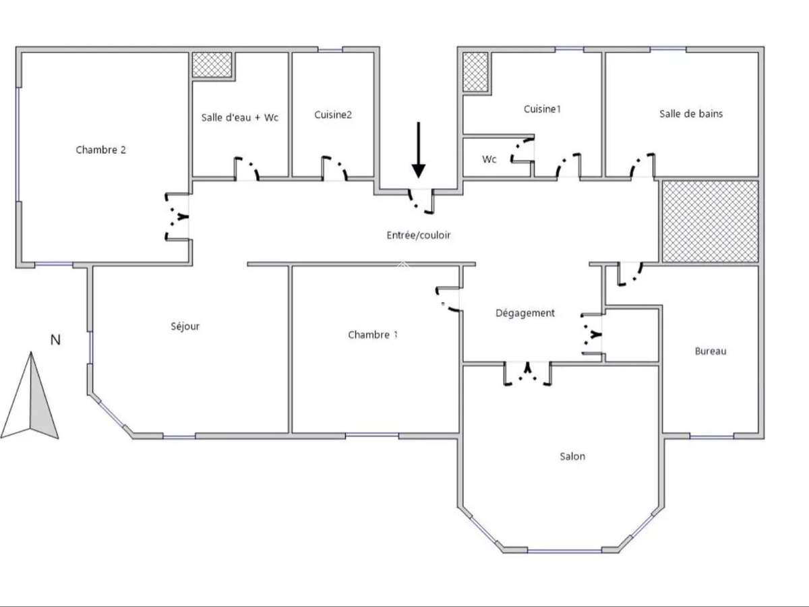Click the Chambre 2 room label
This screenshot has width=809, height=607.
tap(100, 150)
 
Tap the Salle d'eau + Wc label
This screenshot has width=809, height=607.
tap(239, 117)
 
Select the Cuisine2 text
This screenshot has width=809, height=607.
tap(332, 115)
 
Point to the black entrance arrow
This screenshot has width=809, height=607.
tap(419, 150)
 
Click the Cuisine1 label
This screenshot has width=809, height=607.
tap(542, 109)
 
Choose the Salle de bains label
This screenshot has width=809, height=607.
tap(690, 114)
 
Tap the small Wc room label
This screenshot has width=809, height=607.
tap(489, 160)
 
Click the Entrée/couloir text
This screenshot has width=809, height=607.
tap(418, 235)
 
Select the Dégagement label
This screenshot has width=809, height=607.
tap(525, 313)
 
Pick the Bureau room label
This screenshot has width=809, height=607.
tap(711, 351)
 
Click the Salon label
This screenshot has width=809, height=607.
tap(572, 457)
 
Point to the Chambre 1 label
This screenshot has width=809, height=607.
tap(372, 335)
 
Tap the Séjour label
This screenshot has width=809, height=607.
tap(185, 326)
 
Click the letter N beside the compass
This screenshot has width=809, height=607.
tap(55, 340)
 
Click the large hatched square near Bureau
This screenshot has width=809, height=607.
tap(711, 221)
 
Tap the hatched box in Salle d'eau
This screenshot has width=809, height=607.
tap(212, 65)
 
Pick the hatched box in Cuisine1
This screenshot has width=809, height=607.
tap(475, 71)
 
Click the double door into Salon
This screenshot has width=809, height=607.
tap(528, 374)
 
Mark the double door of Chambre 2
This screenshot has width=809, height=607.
tap(177, 216)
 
